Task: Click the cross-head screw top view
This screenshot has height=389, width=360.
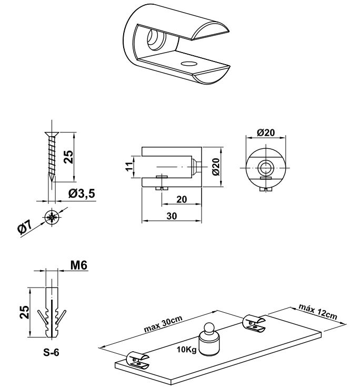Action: (x=52, y=217)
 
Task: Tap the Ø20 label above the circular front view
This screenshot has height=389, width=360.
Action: (x=267, y=133)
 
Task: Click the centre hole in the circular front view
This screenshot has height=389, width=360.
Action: (x=266, y=167)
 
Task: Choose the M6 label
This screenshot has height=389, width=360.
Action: (x=79, y=267)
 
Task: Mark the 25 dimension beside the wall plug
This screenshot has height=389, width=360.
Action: (x=24, y=312)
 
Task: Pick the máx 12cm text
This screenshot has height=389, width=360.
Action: (x=317, y=312)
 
